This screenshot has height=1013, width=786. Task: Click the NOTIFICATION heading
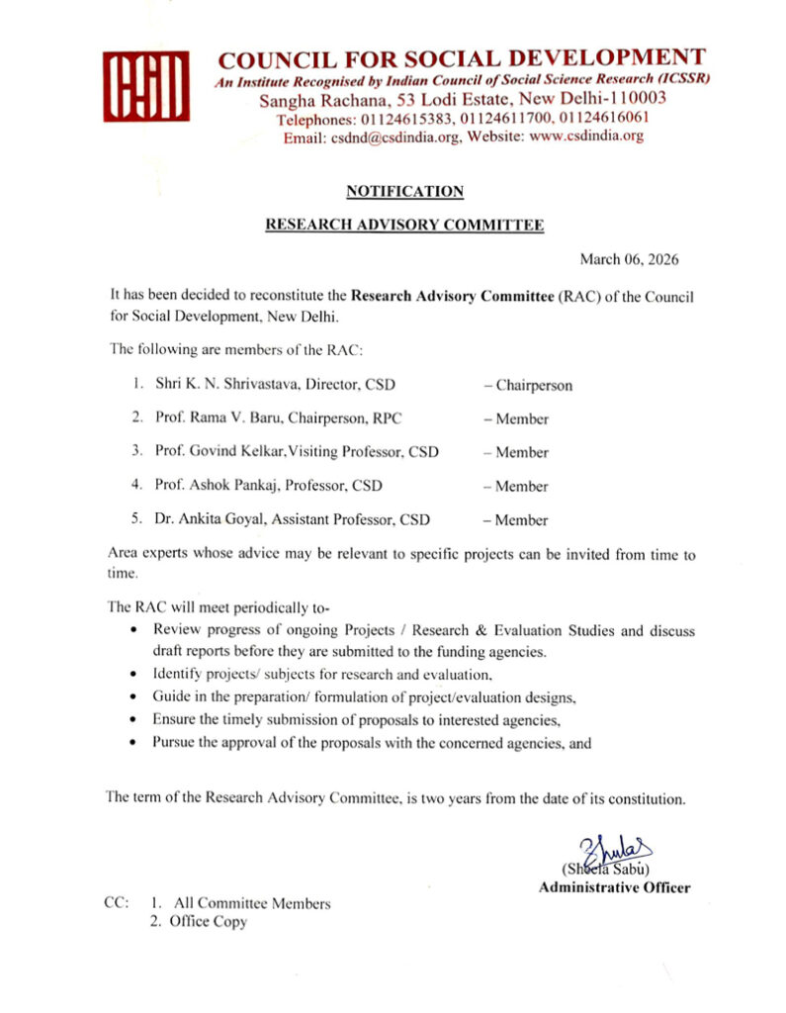405,191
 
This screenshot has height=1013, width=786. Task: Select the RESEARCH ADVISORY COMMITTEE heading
405,226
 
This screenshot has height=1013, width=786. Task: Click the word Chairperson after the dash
534,385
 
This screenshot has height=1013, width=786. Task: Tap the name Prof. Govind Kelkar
210,452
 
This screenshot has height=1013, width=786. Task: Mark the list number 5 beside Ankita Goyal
135,519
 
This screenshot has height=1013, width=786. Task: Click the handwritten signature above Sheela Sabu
618,849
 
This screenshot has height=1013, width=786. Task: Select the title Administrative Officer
614,887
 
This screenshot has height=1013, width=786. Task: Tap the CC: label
117,903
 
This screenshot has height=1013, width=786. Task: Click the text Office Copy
210,921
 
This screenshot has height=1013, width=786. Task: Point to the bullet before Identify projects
133,675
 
